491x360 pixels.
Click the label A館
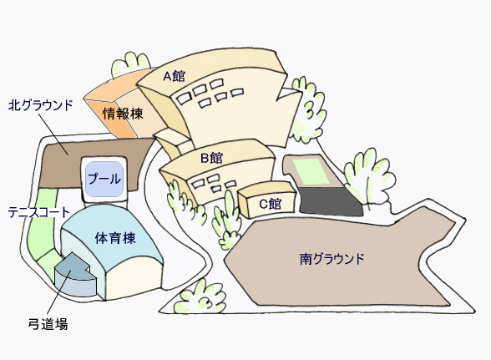click(x=174, y=76)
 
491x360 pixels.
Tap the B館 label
click(x=212, y=158)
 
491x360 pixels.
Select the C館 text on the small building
click(x=271, y=204)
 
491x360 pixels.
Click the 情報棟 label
click(x=123, y=114)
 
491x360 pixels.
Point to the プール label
click(x=104, y=179)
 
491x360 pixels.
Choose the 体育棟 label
click(x=115, y=238)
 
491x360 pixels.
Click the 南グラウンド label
click(x=332, y=259)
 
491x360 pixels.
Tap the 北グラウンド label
click(x=40, y=105)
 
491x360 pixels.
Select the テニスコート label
click(x=38, y=212)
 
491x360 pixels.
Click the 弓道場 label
click(x=48, y=324)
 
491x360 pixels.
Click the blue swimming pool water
click(x=104, y=180)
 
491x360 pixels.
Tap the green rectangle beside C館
click(x=311, y=172)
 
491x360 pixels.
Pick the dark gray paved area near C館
click(x=331, y=201)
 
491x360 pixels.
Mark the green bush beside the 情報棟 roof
click(x=131, y=64)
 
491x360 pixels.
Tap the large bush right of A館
click(x=307, y=109)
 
